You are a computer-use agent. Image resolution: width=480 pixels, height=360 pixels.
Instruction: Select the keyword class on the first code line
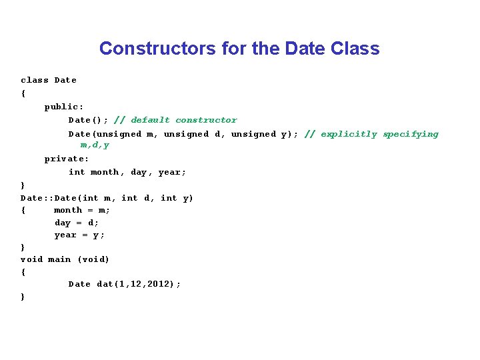click(x=35, y=80)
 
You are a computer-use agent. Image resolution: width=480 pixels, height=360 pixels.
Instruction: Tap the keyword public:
click(x=64, y=107)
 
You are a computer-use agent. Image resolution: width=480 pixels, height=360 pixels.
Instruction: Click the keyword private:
click(x=67, y=159)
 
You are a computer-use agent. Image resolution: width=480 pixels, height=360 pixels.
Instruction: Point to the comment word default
click(x=150, y=120)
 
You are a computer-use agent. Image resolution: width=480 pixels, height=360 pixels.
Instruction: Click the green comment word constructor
click(x=206, y=120)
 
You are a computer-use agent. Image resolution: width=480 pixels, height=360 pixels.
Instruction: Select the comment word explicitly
click(x=349, y=134)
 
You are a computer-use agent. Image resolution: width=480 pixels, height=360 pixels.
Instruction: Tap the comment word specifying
click(x=411, y=134)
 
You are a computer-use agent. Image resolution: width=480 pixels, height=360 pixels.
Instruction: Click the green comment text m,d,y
click(x=95, y=145)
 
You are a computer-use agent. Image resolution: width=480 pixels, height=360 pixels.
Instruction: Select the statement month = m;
click(x=82, y=210)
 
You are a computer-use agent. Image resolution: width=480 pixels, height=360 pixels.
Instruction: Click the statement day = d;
click(x=77, y=223)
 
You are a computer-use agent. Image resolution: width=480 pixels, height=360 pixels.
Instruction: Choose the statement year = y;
click(x=79, y=235)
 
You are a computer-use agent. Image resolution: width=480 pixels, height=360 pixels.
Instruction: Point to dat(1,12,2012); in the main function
click(x=139, y=284)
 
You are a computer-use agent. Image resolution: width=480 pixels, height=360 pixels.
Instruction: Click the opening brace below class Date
click(x=23, y=93)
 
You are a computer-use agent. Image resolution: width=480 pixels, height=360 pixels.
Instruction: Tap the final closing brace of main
click(x=23, y=297)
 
